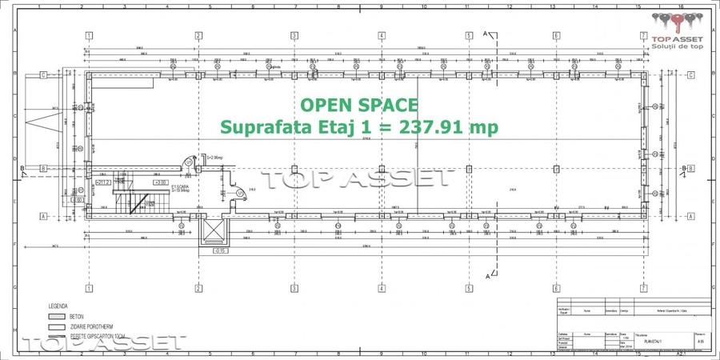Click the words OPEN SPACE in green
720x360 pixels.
click(358, 105)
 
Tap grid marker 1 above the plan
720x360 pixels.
click(88, 36)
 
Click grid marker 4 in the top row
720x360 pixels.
click(382, 36)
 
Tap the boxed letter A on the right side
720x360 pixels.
click(690, 216)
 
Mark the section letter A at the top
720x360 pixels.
click(486, 33)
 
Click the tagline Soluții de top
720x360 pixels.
click(677, 47)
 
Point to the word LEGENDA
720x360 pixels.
click(58, 306)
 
